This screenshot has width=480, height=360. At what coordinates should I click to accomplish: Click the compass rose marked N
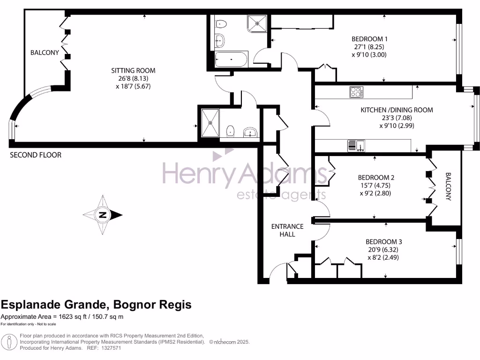(103, 215)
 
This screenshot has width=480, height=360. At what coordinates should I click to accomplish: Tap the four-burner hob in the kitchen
(356, 92)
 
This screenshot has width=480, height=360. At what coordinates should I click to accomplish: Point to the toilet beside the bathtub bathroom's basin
(220, 24)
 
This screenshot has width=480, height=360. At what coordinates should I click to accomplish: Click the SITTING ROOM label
(133, 71)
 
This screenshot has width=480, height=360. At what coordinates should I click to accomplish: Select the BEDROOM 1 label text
(369, 39)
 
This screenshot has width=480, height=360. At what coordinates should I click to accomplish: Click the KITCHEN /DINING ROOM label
(397, 110)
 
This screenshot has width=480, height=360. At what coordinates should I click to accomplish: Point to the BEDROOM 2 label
(376, 178)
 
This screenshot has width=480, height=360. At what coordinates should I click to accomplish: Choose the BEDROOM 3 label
(384, 242)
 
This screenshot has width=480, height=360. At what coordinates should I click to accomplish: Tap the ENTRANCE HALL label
(287, 230)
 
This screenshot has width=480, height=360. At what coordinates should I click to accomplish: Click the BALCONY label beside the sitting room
(45, 52)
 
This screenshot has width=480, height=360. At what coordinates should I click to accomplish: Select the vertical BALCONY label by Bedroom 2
(448, 187)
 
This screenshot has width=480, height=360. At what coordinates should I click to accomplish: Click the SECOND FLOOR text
(36, 155)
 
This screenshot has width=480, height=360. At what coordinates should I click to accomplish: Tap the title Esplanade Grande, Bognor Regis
(96, 305)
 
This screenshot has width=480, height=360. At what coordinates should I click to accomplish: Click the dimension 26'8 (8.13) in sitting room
(133, 79)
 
